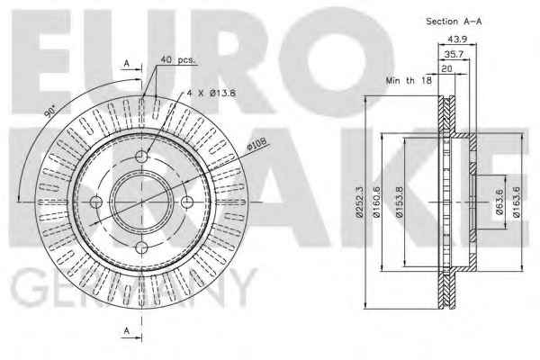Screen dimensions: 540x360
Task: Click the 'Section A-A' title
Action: tap(454, 22)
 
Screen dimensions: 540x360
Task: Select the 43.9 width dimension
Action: tap(457, 40)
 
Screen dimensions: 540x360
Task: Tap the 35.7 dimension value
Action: tap(454, 54)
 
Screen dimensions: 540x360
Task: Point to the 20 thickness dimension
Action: tap(446, 68)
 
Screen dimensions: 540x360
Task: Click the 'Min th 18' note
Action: tap(409, 81)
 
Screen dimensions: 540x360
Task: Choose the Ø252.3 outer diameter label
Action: tap(359, 202)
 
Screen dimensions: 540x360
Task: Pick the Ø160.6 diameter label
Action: tap(377, 202)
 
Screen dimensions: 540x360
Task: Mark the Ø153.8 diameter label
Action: tap(399, 202)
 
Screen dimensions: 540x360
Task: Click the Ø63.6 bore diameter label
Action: tap(499, 202)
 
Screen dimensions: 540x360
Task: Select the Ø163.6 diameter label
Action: tap(516, 202)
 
